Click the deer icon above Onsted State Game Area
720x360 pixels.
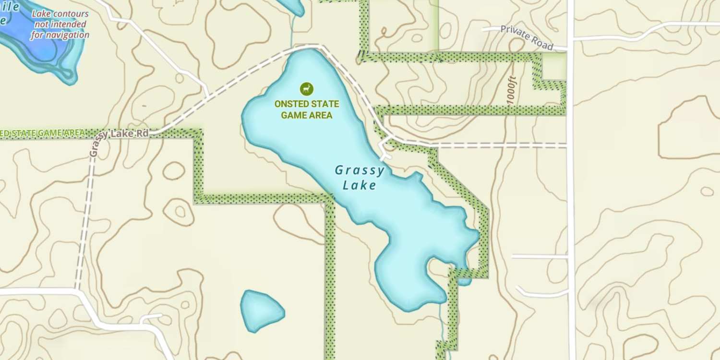coord(307,88)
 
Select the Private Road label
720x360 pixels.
coord(527,37)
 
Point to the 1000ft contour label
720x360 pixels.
coord(512,90)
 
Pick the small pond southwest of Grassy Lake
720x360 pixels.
coord(261,310)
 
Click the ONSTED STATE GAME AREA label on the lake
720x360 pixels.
coord(307,109)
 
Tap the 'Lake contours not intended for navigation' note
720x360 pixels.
coord(60,24)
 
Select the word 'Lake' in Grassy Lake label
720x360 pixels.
coord(360,185)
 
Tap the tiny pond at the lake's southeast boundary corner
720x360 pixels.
coord(464,281)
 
